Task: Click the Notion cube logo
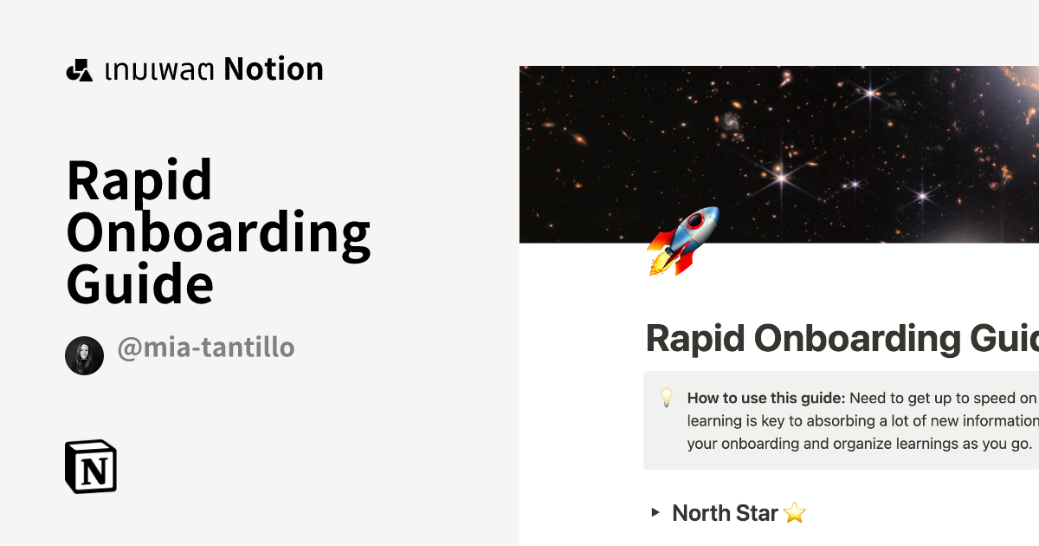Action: click(x=91, y=466)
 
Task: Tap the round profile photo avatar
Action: click(x=84, y=355)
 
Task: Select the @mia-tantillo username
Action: click(x=206, y=348)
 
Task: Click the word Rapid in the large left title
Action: click(x=139, y=182)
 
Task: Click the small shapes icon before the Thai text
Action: click(x=79, y=70)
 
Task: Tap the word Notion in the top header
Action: click(x=274, y=69)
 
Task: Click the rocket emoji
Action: click(x=683, y=240)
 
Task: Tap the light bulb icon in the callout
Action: click(x=667, y=398)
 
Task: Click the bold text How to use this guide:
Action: click(x=766, y=399)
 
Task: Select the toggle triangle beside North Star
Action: click(x=655, y=513)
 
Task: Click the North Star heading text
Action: click(x=725, y=513)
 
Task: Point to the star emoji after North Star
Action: click(x=795, y=513)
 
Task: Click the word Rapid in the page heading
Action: click(x=698, y=338)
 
